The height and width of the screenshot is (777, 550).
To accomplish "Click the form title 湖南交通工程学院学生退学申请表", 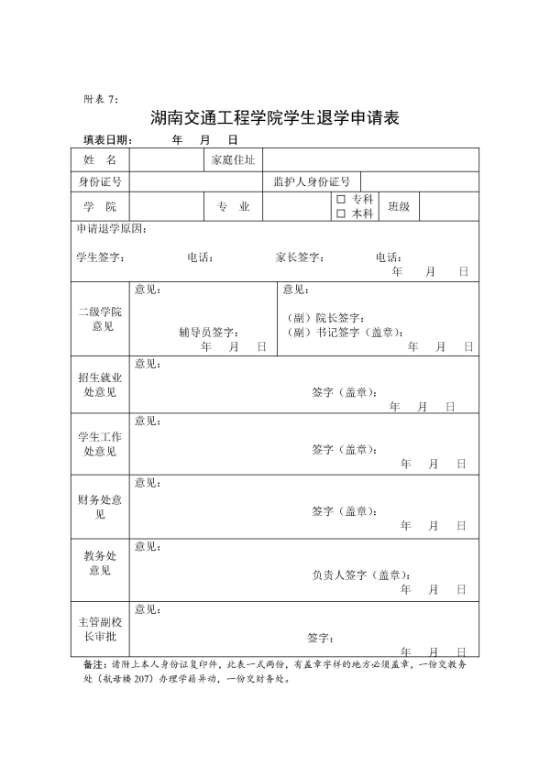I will [276, 118].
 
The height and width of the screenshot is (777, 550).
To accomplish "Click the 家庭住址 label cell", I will [233, 160].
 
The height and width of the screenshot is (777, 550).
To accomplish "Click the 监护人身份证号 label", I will [312, 181].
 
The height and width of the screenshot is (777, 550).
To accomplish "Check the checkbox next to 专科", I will [341, 199].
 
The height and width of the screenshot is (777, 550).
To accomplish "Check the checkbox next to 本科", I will [341, 213].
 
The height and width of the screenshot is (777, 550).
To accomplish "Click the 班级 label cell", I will [400, 207].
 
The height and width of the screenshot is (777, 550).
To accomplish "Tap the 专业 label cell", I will [233, 207].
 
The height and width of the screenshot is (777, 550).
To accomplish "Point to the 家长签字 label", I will [300, 257].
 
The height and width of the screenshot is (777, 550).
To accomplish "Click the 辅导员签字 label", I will [209, 333].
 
